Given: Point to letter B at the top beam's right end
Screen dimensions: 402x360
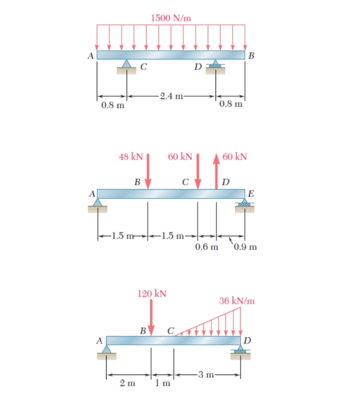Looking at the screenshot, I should (x=251, y=56).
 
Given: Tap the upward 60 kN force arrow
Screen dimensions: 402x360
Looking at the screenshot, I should (x=216, y=171).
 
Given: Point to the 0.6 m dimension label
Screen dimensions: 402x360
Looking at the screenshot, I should (x=207, y=247).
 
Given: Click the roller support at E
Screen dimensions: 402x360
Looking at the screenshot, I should (x=244, y=205).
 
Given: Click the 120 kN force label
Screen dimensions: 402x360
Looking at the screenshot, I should (x=151, y=294).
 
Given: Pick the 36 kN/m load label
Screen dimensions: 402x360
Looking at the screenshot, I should (x=237, y=302).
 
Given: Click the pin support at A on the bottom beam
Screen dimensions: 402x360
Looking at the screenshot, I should (x=107, y=351).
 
